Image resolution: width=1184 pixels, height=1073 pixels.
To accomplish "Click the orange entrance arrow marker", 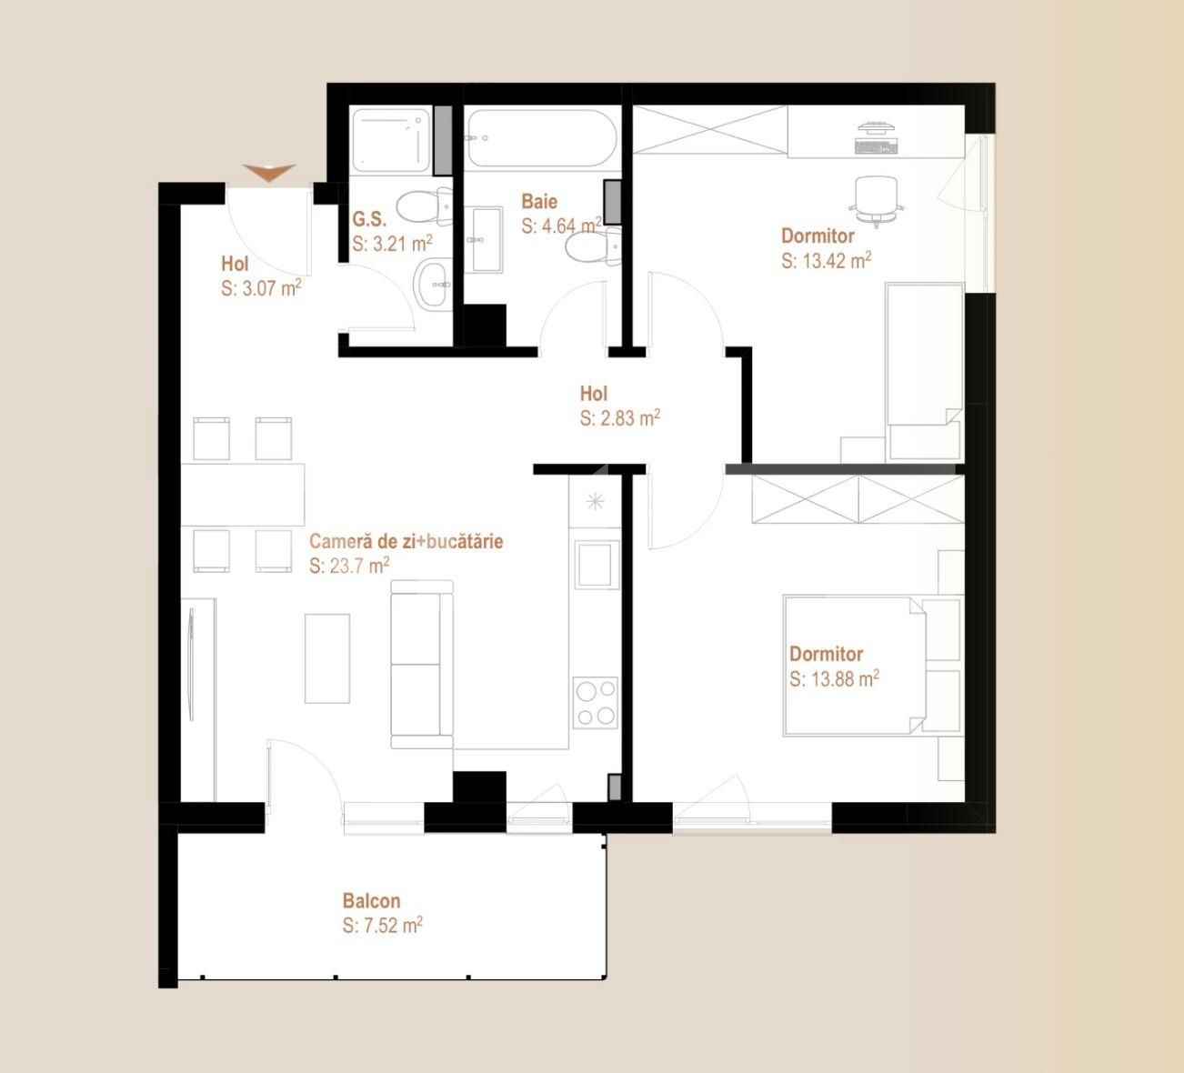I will click(x=270, y=172).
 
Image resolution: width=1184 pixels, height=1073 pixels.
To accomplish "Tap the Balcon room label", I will click(x=371, y=901).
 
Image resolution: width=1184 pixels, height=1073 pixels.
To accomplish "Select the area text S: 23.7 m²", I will click(x=349, y=566).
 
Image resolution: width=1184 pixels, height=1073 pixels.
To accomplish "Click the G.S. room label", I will click(x=369, y=219).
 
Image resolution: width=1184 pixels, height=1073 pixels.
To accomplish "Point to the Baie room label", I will click(x=539, y=201).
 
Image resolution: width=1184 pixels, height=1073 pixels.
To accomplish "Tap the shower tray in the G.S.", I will click(x=390, y=141).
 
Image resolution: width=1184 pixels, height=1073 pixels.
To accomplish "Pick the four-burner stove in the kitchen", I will click(x=595, y=703).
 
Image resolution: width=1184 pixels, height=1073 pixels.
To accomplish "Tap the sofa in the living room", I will click(x=422, y=665).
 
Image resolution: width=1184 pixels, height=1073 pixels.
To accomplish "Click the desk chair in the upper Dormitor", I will click(x=877, y=198).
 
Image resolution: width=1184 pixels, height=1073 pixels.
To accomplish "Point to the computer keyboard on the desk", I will click(x=876, y=144).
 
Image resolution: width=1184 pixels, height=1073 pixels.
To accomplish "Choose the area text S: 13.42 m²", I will click(x=826, y=261).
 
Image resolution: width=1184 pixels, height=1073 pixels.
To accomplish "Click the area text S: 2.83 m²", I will click(x=619, y=418).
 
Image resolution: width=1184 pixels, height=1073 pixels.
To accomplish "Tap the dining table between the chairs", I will click(x=243, y=495).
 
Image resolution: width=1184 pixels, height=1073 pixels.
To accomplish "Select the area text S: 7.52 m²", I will click(x=382, y=926).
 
